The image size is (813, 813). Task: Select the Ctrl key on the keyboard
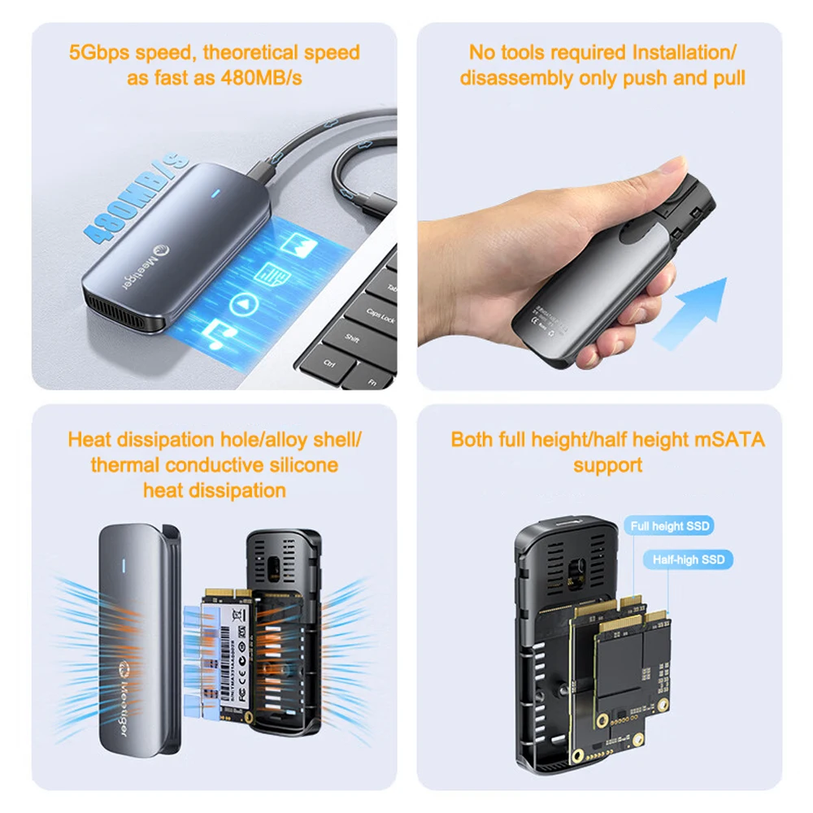[x=329, y=363]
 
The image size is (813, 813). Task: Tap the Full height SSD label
[x=669, y=526]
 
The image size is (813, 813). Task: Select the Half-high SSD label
[x=688, y=559]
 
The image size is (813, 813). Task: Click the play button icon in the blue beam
[x=241, y=305]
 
